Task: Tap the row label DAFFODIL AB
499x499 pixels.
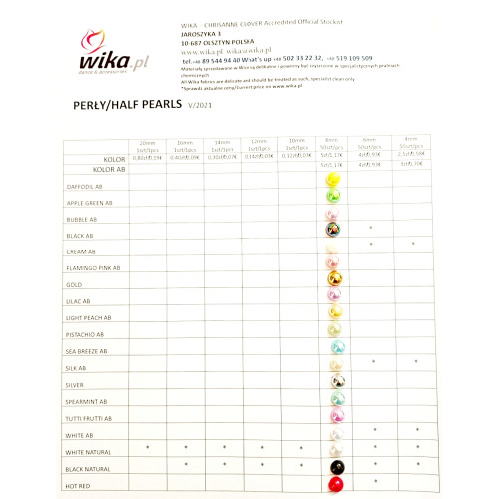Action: click(x=89, y=187)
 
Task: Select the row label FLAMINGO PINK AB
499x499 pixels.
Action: click(x=96, y=268)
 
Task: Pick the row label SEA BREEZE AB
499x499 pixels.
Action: click(x=93, y=351)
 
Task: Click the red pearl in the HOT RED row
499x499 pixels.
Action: click(x=334, y=483)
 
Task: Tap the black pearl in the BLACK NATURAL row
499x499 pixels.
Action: click(x=334, y=466)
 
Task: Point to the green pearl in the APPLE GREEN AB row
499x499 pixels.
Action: click(x=334, y=196)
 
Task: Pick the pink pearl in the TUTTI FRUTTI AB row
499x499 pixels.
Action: click(x=334, y=415)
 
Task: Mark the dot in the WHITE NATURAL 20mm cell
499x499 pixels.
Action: click(x=148, y=448)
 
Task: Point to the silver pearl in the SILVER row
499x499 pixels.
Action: click(x=334, y=381)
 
